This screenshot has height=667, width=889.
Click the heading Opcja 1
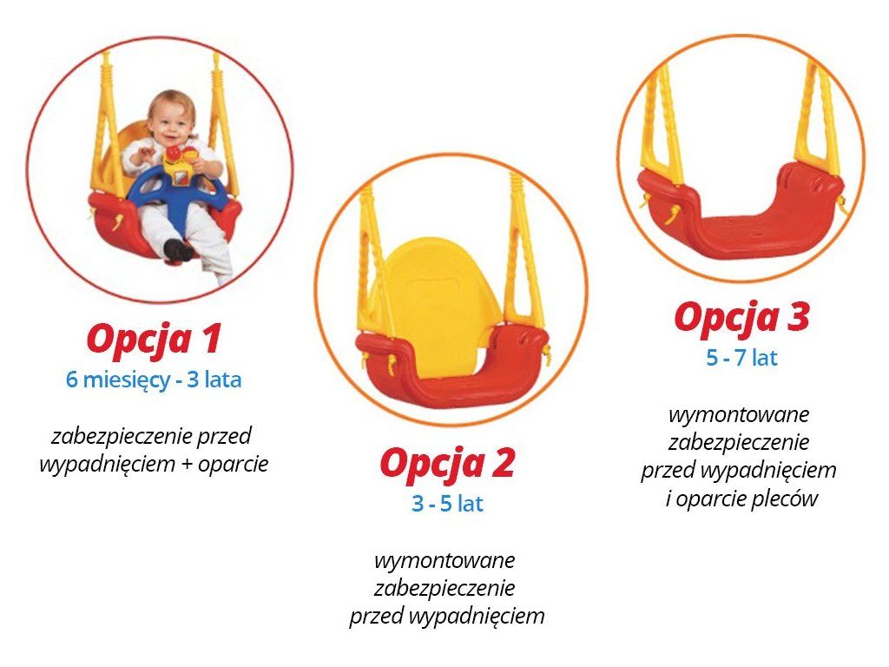pos(154,340)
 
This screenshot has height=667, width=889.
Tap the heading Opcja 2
pos(447,464)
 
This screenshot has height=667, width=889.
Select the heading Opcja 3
pos(741,318)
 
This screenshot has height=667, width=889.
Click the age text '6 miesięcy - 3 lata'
pos(154,380)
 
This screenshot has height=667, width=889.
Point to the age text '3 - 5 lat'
pos(447,504)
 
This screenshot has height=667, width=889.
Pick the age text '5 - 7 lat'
pos(741,358)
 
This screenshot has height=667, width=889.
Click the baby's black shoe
pos(178,249)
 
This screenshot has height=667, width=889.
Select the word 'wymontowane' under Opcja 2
pos(444,560)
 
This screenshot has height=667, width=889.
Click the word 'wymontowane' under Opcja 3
pos(739,414)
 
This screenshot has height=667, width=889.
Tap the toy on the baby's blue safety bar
pos(180,164)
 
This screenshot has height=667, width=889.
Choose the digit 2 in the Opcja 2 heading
pos(502,462)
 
